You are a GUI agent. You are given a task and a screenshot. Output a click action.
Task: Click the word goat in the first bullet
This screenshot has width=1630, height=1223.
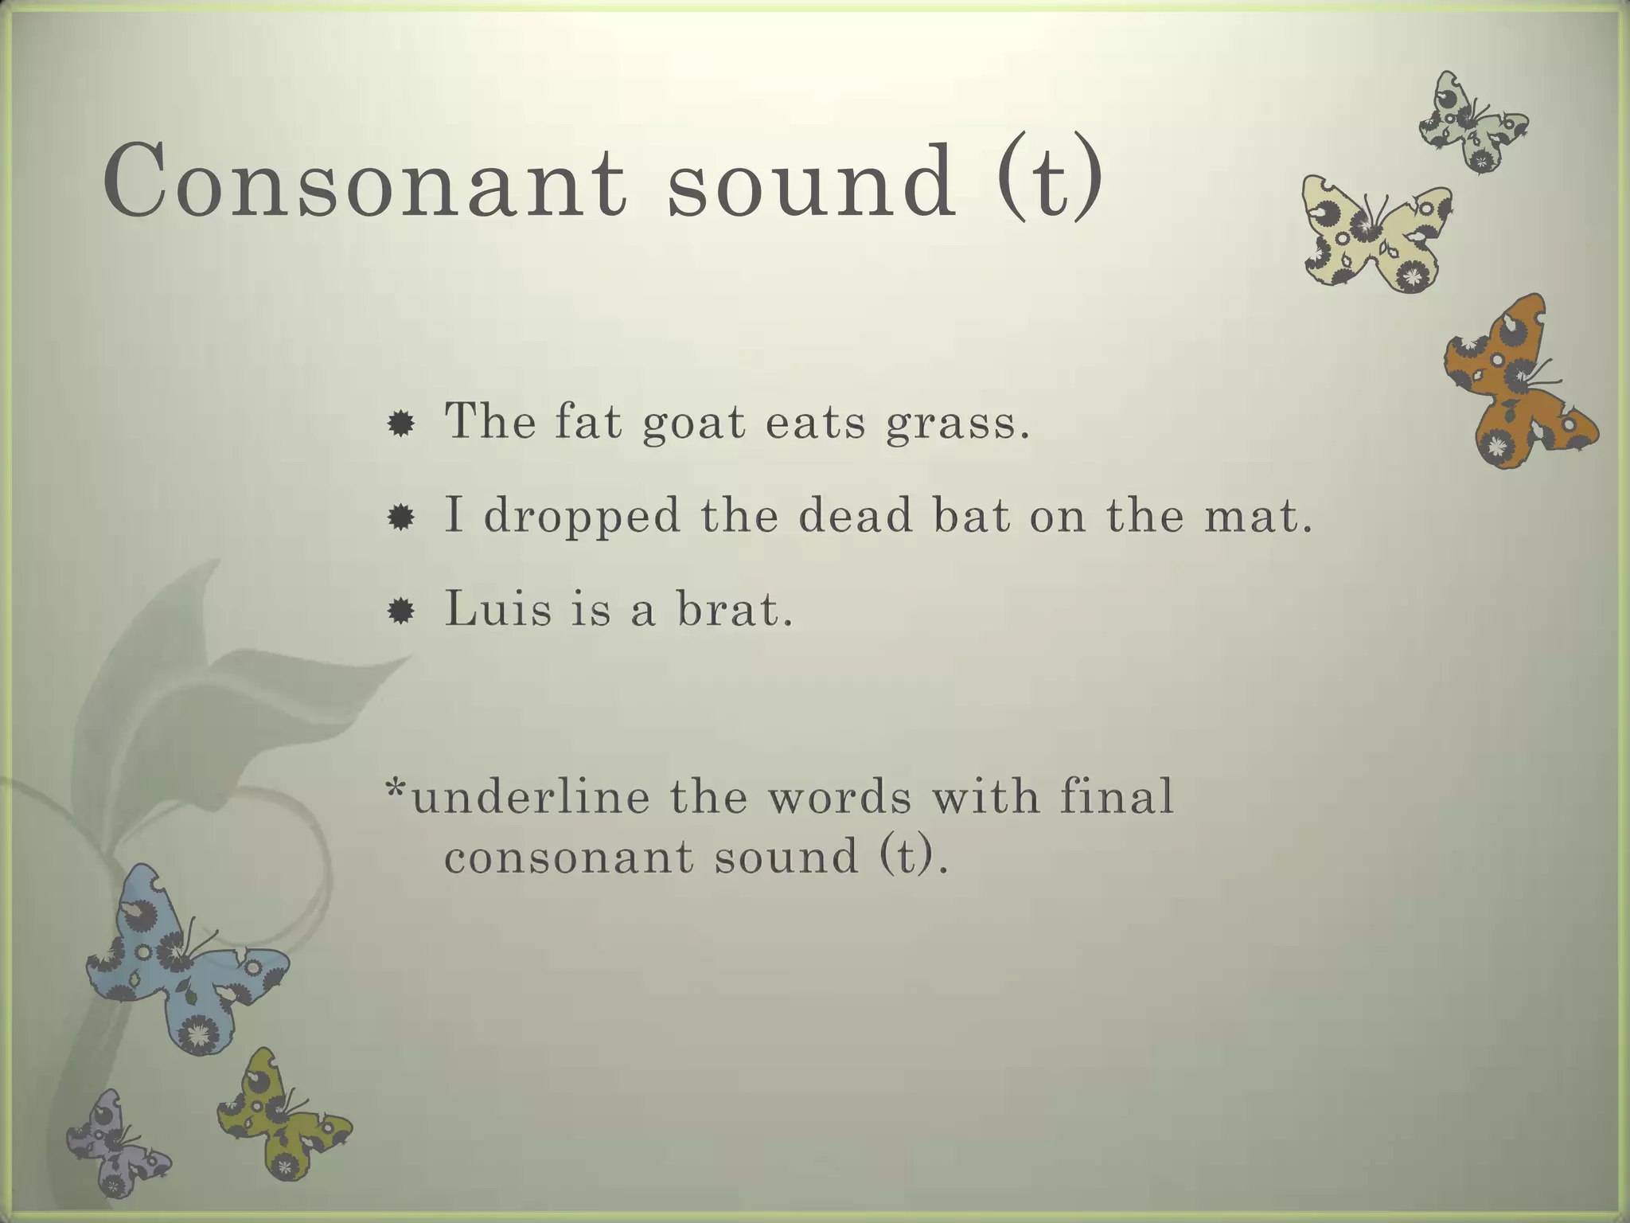click(x=693, y=422)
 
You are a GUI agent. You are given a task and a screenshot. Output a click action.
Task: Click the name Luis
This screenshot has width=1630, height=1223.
click(x=497, y=609)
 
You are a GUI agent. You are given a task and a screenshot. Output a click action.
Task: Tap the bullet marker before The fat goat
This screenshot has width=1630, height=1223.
click(x=400, y=424)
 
